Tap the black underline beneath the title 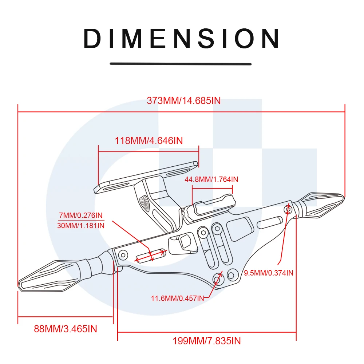tap(181, 64)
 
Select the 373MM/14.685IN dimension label tap(183, 101)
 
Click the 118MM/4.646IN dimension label tap(149, 141)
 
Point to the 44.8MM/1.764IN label tap(211, 179)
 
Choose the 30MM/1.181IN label tap(81, 225)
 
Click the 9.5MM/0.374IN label tap(269, 272)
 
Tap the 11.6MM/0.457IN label tap(177, 298)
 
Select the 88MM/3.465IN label tap(66, 329)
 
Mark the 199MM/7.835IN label tap(206, 341)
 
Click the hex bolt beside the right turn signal tap(288, 209)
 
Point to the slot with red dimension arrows tap(151, 255)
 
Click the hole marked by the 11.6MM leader tap(218, 279)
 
